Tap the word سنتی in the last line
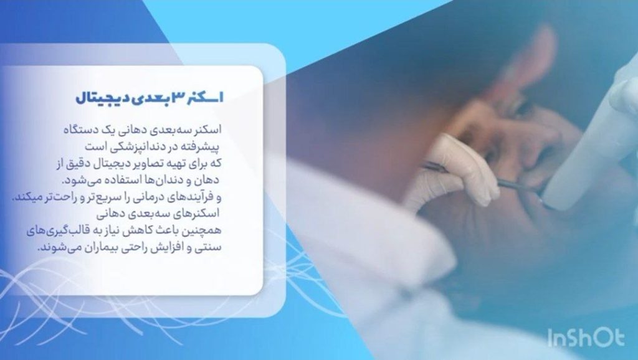click(x=209, y=247)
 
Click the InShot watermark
click(x=586, y=338)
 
